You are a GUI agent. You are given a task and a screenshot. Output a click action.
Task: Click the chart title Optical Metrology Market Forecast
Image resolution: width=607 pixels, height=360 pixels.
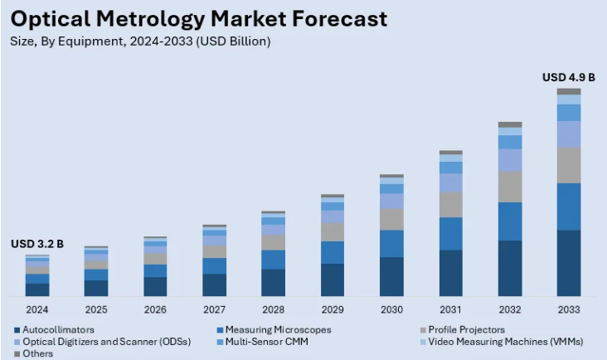pos(199,18)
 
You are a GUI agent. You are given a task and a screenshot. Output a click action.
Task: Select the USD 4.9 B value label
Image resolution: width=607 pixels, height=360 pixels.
pos(568,77)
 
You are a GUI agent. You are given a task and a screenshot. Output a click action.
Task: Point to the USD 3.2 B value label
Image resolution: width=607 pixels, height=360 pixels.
pos(36,244)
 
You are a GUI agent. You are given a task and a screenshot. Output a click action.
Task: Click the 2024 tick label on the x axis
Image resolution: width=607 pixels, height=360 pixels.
pos(36,309)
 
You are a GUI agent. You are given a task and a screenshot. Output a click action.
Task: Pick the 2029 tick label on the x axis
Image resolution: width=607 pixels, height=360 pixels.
pos(333,309)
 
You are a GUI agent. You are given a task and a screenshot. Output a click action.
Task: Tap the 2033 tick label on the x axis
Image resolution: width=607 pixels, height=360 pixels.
pos(569,309)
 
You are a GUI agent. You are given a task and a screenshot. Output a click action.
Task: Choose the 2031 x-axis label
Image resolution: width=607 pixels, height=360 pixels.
pos(450,309)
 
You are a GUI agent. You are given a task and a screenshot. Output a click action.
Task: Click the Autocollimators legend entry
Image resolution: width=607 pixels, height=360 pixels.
pos(58,329)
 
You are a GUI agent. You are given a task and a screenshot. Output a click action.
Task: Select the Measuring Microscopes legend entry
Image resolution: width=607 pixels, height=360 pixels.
pos(278,329)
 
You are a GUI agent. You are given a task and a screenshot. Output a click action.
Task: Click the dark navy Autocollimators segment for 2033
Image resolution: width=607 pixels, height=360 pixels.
pos(569,263)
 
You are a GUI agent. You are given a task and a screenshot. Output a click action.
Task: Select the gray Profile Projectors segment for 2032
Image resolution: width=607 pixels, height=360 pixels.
pos(510,187)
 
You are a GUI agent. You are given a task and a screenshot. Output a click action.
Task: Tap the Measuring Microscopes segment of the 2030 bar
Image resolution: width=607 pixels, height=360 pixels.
pos(391,243)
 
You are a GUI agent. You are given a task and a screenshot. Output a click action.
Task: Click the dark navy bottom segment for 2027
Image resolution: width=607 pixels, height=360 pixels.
pos(214,285)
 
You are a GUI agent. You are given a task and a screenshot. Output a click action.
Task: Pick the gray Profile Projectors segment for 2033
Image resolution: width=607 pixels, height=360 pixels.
pos(569,165)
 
